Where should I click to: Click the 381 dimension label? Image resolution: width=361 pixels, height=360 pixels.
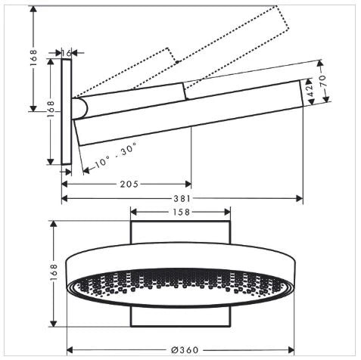point(182,199)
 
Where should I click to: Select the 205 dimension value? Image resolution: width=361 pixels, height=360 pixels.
point(129,184)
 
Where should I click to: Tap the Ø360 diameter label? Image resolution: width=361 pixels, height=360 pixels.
point(185,350)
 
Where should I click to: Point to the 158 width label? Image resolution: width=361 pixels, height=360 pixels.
point(181,212)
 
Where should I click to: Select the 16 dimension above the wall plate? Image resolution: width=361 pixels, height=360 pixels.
point(67,53)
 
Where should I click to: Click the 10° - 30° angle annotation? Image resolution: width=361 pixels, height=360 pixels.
point(116,155)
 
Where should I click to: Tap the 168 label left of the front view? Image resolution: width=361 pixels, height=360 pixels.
point(54,272)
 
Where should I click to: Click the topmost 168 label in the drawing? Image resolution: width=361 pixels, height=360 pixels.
point(33,58)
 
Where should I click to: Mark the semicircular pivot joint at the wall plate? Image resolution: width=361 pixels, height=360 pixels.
point(80,109)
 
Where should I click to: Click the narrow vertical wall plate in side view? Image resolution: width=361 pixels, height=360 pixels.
point(67,112)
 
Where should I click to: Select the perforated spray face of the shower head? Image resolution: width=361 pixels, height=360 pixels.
point(180,287)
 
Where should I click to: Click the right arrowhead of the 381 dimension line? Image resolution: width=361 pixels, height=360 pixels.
point(300,198)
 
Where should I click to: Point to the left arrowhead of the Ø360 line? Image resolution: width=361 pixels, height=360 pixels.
point(70,350)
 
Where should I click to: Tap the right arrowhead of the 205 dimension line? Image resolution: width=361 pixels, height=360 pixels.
point(188,184)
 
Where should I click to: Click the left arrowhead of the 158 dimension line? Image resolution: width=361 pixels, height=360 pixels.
point(134,212)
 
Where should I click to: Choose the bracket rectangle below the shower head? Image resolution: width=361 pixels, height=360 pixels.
point(181,317)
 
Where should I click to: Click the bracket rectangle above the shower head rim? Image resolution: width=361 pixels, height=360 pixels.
point(181,232)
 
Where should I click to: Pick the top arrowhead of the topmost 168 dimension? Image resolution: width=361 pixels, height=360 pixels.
point(33,9)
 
